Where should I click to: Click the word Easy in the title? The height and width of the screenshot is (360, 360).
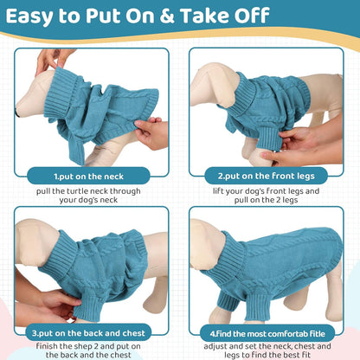click(x=39, y=17)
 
